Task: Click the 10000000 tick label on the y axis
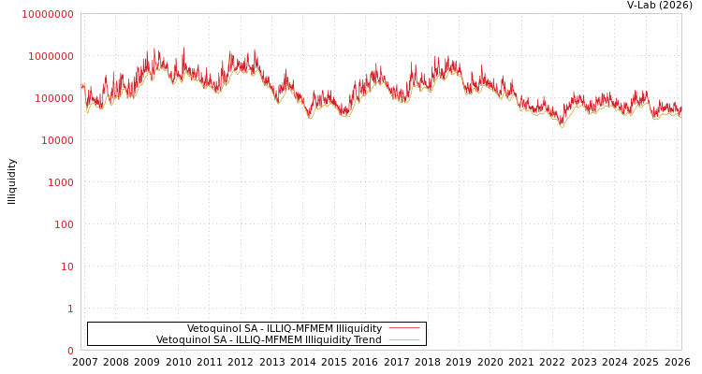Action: pyautogui.click(x=47, y=14)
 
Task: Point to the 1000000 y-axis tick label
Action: pyautogui.click(x=51, y=56)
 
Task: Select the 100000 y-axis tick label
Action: pyautogui.click(x=53, y=98)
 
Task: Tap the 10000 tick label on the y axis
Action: pyautogui.click(x=56, y=140)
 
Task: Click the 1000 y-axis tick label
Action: pyautogui.click(x=60, y=182)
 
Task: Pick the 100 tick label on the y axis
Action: pyautogui.click(x=63, y=224)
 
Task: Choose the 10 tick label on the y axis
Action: pyautogui.click(x=66, y=266)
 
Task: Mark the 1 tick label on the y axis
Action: pyautogui.click(x=69, y=309)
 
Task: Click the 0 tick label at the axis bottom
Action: pyautogui.click(x=69, y=351)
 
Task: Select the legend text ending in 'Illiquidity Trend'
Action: pyautogui.click(x=269, y=340)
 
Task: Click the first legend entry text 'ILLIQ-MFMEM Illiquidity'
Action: pyautogui.click(x=285, y=329)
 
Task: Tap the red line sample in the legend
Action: pyautogui.click(x=403, y=329)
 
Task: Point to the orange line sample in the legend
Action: pyautogui.click(x=403, y=340)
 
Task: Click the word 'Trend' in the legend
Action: pyautogui.click(x=366, y=340)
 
